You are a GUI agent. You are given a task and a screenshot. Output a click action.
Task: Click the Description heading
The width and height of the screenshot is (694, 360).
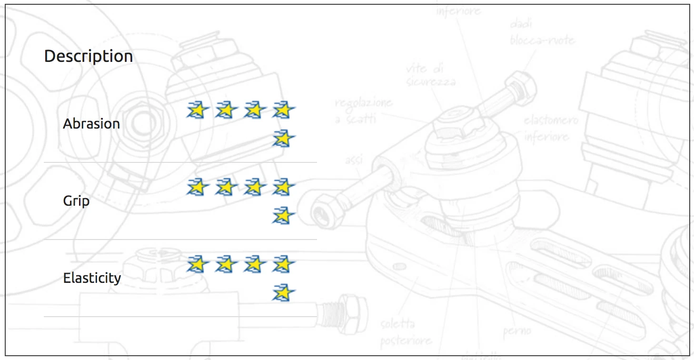(x=89, y=56)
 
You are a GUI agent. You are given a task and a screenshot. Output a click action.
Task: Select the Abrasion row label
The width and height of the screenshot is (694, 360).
(x=91, y=124)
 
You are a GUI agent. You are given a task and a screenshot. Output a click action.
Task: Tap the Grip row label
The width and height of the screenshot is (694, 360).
(x=76, y=201)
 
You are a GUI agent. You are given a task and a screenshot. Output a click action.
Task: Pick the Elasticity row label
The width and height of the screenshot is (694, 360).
(x=92, y=278)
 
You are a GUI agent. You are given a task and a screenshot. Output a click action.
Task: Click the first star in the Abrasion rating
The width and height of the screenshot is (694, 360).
(x=198, y=110)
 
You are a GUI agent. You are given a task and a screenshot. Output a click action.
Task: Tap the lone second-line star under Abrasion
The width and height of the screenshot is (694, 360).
(x=283, y=139)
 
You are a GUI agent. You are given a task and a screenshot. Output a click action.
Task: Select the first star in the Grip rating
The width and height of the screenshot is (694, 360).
(x=198, y=187)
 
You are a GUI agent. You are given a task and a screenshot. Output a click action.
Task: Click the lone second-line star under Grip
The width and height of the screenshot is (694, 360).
(x=283, y=216)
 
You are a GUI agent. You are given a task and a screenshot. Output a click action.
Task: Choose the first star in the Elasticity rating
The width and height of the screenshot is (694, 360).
(x=198, y=264)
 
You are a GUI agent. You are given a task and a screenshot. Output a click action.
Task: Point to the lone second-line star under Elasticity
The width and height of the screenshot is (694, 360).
(x=283, y=293)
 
